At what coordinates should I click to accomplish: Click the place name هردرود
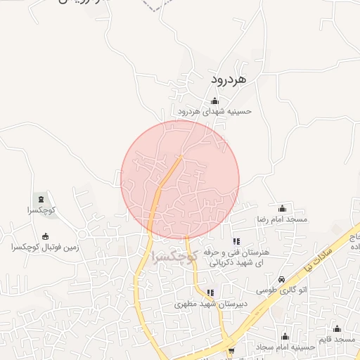coord(228,80)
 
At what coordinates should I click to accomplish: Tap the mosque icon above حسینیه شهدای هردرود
coord(214,101)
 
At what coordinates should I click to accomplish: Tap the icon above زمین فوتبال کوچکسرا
coord(46,236)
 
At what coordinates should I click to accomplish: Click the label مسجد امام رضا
coord(282,219)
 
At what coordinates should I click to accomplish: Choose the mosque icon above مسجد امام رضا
coord(283,208)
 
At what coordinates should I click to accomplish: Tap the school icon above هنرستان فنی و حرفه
coord(236,241)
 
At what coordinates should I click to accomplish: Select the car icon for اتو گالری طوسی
coord(282,279)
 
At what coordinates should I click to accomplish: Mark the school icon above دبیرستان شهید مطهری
coord(210,293)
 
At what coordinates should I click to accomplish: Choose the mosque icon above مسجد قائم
coord(337,328)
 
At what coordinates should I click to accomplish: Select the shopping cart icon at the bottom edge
coord(231,350)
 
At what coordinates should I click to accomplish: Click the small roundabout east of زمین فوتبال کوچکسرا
coord(82,234)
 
